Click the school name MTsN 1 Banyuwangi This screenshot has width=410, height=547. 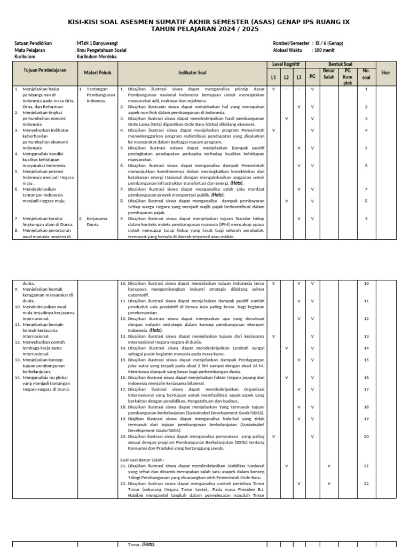[98, 43]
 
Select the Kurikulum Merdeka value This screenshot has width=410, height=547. [97, 56]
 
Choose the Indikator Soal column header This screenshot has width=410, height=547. [193, 73]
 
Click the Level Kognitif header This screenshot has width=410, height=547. [286, 64]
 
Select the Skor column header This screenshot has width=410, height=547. [385, 73]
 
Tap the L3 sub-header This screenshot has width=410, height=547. [299, 77]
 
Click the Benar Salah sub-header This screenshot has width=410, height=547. [328, 73]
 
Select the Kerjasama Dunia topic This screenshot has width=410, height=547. [97, 221]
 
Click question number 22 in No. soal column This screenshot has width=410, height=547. [366, 483]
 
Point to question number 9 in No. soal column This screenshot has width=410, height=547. [366, 218]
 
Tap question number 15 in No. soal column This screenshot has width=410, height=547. [366, 360]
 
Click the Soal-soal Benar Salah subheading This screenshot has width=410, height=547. [142, 459]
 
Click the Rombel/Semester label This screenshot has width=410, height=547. [291, 43]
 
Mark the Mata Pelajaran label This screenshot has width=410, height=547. [30, 50]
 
